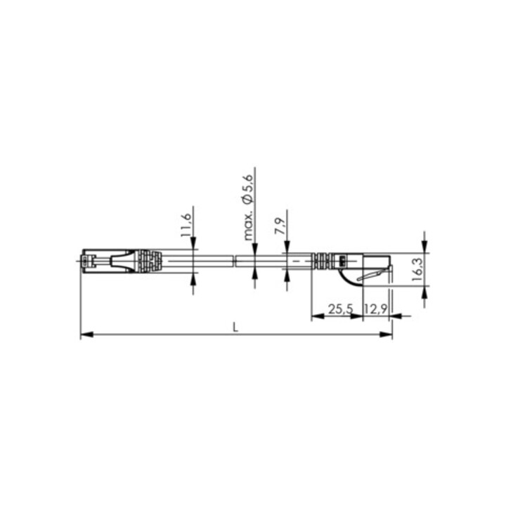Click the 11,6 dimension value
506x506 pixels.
coord(186,225)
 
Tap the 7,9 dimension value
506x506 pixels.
coord(280,226)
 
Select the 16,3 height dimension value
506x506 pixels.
coord(418,269)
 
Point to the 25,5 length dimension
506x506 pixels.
coord(341,309)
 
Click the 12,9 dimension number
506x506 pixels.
coord(375,309)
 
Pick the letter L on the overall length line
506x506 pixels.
coord(235,328)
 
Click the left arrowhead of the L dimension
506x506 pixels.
coord(87,335)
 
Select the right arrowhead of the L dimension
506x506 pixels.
coord(386,335)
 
